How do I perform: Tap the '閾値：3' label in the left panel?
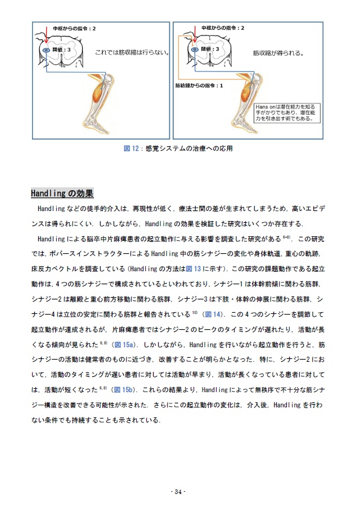point(61,50)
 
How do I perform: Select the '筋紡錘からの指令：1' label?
point(199,86)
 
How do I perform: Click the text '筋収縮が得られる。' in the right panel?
point(278,54)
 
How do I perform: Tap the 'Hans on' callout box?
point(287,112)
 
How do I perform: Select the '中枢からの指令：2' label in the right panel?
point(223,28)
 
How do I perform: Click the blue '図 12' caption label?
point(131,149)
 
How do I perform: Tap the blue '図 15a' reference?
point(123,344)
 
